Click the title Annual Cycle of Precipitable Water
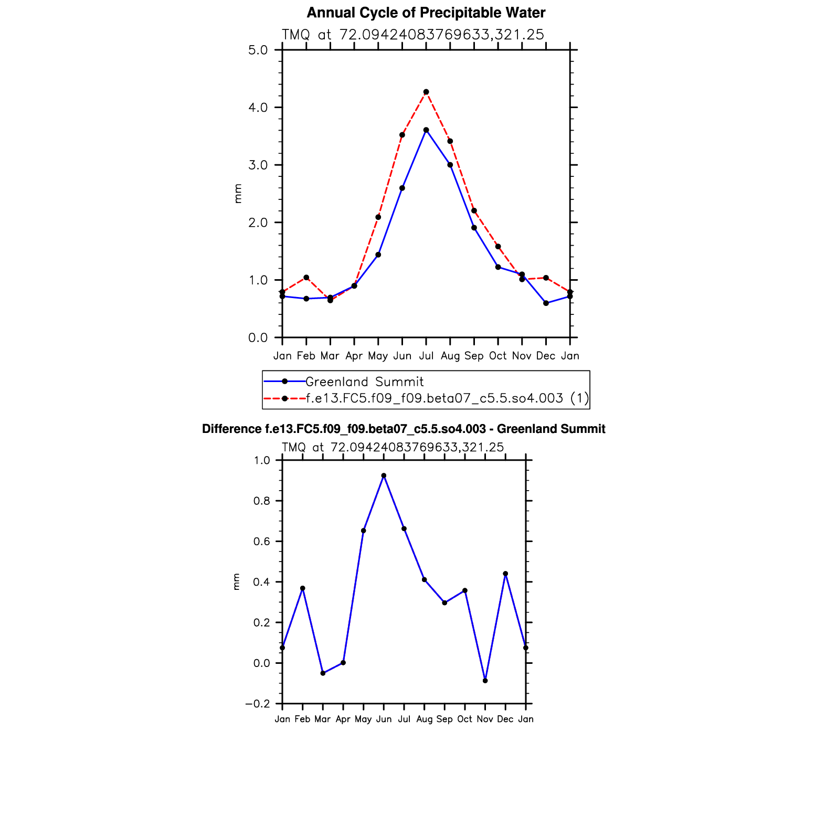[x=426, y=13]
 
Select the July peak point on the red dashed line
[x=426, y=92]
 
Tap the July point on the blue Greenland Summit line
[x=426, y=130]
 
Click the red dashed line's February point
[x=306, y=277]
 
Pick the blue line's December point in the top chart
[x=546, y=303]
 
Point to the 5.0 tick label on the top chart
[x=258, y=50]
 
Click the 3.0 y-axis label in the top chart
[x=258, y=165]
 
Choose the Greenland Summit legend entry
[x=364, y=382]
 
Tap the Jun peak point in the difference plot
[x=384, y=475]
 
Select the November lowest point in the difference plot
[x=485, y=681]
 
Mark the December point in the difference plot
[x=505, y=574]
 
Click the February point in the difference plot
[x=303, y=588]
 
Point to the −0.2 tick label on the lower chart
[x=258, y=704]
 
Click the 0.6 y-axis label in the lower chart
[x=262, y=542]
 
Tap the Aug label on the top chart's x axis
[x=450, y=356]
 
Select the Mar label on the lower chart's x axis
[x=322, y=719]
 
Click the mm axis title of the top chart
[x=238, y=194]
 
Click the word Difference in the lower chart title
[x=231, y=429]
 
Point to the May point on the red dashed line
[x=378, y=217]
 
